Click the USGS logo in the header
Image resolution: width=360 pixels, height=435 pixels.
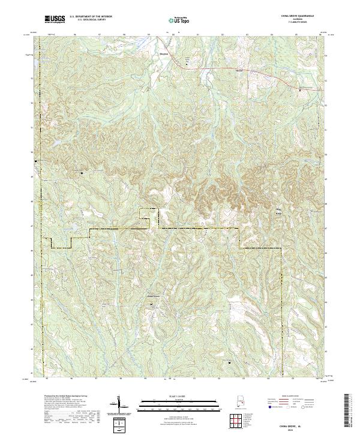pos(55,19)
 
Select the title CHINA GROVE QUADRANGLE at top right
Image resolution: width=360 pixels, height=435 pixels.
pos(298,15)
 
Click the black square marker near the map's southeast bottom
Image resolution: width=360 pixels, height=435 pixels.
pos(229,362)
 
